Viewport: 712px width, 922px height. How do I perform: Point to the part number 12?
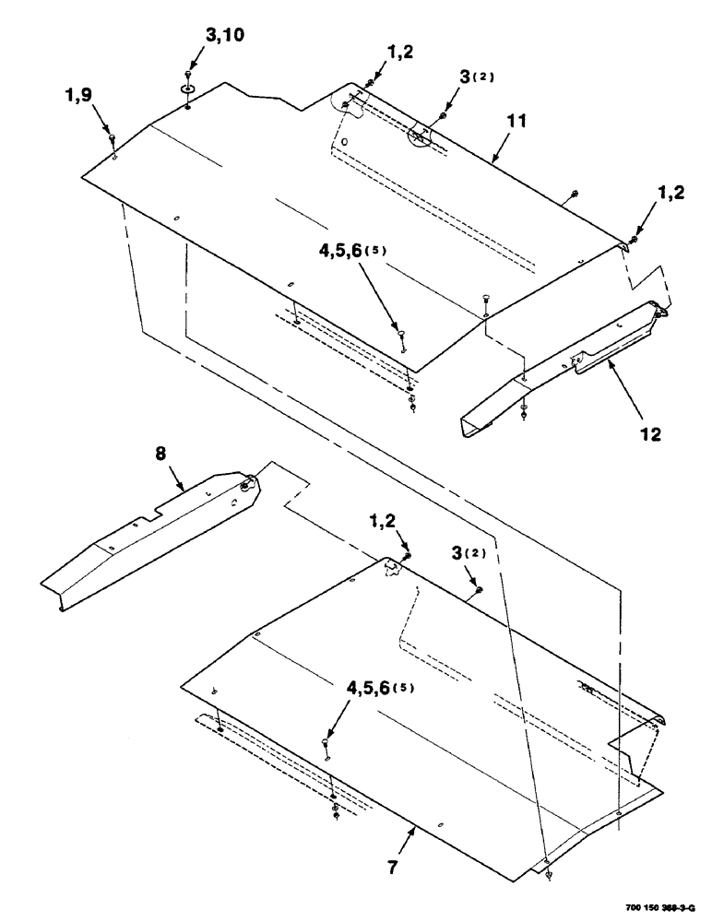pyautogui.click(x=650, y=431)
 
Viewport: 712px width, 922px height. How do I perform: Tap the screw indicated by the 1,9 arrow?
pyautogui.click(x=112, y=138)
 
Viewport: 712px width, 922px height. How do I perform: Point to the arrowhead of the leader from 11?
pyautogui.click(x=492, y=162)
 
